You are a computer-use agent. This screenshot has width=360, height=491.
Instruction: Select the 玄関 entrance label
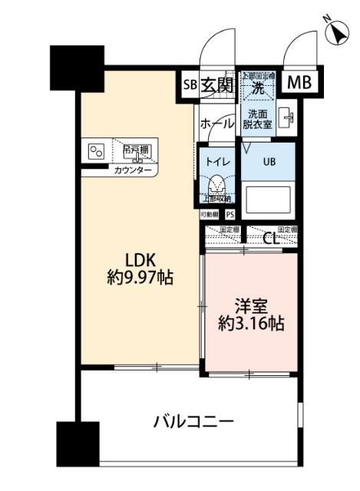pyautogui.click(x=216, y=84)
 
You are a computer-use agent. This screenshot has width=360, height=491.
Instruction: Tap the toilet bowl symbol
pyautogui.click(x=217, y=185)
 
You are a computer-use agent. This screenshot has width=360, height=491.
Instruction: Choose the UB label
pyautogui.click(x=269, y=163)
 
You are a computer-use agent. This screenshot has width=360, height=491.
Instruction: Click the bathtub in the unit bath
pyautogui.click(x=268, y=201)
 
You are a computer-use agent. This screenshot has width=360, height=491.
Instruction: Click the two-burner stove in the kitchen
pyautogui.click(x=97, y=151)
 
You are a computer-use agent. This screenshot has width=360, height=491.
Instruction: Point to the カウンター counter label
pyautogui.click(x=133, y=170)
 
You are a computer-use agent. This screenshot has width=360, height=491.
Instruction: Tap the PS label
pyautogui.click(x=230, y=216)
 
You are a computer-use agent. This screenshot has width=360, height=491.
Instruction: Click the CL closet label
pyautogui.click(x=271, y=237)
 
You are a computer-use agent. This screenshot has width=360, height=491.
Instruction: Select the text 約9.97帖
pyautogui.click(x=139, y=278)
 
